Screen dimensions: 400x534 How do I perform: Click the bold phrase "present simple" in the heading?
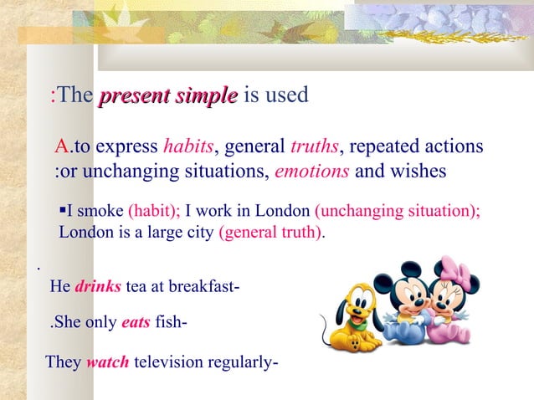click(168, 96)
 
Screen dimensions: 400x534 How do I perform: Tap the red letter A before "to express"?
click(61, 148)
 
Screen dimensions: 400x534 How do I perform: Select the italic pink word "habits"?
click(189, 148)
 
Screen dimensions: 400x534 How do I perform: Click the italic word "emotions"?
click(313, 172)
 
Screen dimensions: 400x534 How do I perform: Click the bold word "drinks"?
click(99, 287)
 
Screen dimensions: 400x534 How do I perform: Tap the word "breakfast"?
click(204, 287)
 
